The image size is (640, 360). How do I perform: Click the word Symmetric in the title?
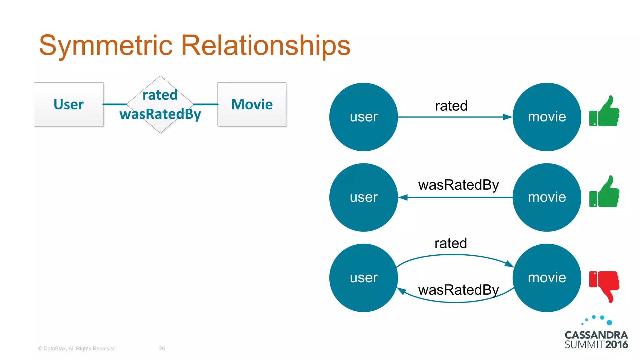(106, 46)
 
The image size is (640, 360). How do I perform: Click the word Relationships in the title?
(266, 46)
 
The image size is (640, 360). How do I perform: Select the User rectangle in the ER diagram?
(68, 104)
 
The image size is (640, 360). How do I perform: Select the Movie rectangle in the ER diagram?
(252, 104)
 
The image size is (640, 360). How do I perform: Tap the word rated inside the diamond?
(160, 95)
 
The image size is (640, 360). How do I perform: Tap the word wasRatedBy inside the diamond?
(160, 114)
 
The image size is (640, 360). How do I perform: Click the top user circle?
(363, 117)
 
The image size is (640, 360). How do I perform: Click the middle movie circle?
(547, 197)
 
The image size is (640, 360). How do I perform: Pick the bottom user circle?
(363, 278)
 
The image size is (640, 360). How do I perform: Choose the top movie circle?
(547, 117)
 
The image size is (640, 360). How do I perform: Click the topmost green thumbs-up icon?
(604, 112)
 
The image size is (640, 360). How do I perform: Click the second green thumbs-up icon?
(604, 192)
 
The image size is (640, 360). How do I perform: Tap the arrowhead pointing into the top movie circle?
(507, 117)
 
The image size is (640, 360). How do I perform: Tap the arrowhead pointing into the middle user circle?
(403, 197)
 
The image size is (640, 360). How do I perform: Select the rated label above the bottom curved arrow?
(451, 243)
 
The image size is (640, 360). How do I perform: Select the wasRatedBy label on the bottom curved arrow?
(458, 290)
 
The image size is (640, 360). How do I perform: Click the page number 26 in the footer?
(162, 348)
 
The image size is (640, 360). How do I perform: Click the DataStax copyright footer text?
(77, 348)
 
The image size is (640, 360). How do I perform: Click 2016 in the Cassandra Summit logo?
(616, 345)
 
